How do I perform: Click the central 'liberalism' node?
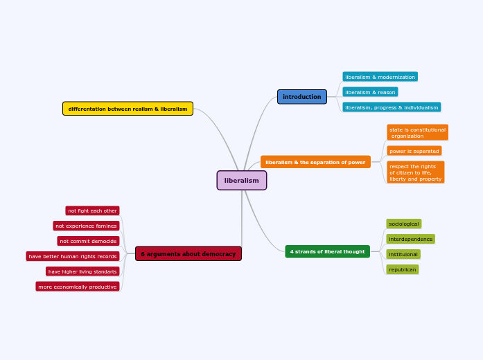click(x=241, y=181)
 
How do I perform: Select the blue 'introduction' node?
click(x=301, y=97)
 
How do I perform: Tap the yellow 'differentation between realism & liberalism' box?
click(x=128, y=109)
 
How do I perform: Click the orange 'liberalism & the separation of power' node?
click(x=315, y=162)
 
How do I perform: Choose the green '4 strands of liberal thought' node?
click(x=327, y=251)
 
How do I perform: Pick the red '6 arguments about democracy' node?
click(x=188, y=254)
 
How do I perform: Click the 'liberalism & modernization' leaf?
click(x=380, y=77)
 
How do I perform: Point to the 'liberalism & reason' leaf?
click(x=370, y=92)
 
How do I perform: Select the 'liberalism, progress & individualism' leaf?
click(x=392, y=107)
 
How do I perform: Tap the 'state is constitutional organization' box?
click(x=417, y=132)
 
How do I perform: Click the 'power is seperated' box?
click(x=414, y=151)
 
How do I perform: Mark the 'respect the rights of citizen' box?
click(x=415, y=172)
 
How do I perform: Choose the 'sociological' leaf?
click(x=403, y=224)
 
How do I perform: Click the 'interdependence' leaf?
click(x=410, y=239)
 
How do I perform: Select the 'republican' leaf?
click(x=402, y=269)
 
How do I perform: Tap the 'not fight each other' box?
click(x=92, y=210)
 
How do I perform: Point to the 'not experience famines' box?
click(x=86, y=226)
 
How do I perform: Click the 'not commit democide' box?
click(x=88, y=241)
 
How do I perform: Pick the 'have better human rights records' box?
click(x=73, y=256)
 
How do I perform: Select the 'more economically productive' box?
click(x=77, y=287)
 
